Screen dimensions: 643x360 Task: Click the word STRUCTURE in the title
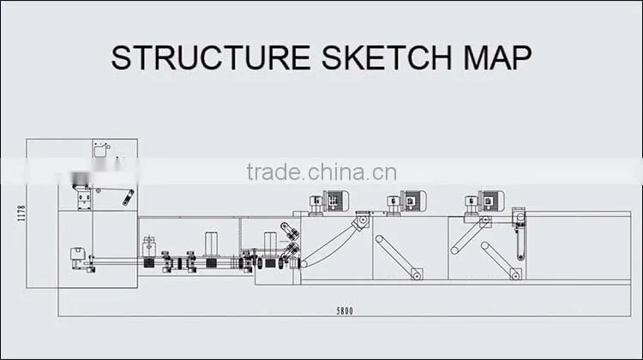click(210, 57)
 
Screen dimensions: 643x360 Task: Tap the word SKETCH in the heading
click(387, 57)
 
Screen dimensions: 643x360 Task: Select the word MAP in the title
click(497, 57)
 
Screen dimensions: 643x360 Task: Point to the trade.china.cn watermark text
click(321, 172)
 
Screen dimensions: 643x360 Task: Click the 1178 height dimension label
click(21, 213)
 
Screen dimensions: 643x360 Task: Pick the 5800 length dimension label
click(345, 311)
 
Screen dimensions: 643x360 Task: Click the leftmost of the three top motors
click(329, 202)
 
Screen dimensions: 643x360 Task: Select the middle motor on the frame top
click(406, 202)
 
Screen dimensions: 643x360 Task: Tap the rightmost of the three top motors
click(484, 202)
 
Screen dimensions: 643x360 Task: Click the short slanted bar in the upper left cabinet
click(129, 198)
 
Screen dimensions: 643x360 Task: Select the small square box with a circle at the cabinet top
click(100, 150)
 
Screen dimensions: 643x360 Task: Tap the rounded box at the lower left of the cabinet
click(77, 254)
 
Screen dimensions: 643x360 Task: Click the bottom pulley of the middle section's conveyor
click(416, 275)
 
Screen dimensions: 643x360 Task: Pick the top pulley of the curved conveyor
click(362, 220)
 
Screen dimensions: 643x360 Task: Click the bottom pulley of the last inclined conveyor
click(515, 275)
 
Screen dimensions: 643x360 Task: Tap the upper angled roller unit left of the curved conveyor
click(290, 231)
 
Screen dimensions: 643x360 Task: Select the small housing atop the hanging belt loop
click(520, 216)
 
